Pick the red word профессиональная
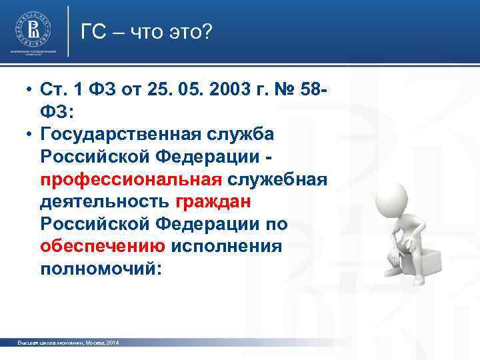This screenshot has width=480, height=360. tap(131, 179)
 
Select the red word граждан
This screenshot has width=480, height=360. tap(214, 202)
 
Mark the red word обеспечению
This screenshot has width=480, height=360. tap(103, 247)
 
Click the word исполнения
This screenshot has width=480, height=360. tap(227, 247)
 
